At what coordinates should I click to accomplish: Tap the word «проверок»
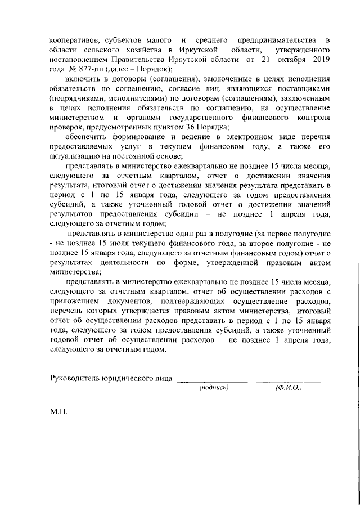[x=66, y=127]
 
